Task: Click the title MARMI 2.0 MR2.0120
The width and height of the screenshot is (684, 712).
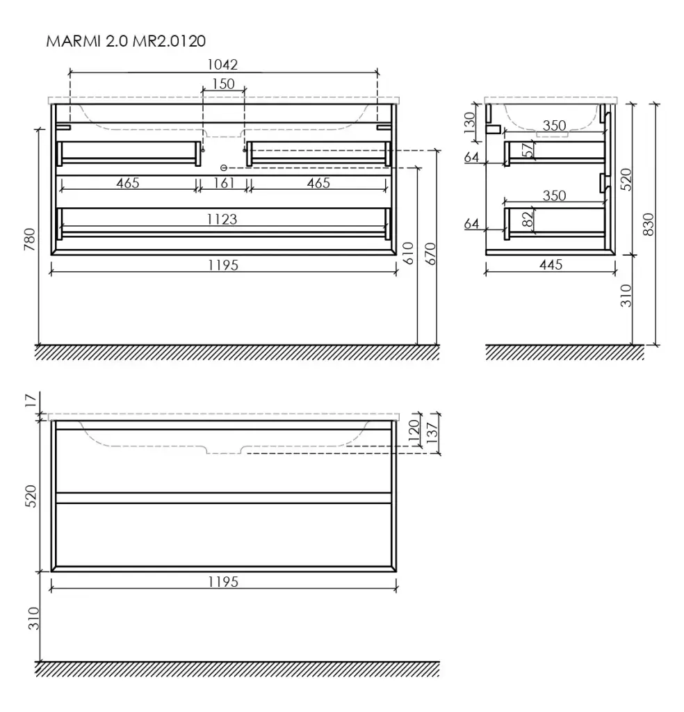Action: [x=126, y=41]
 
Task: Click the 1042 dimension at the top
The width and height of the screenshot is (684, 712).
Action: [x=222, y=65]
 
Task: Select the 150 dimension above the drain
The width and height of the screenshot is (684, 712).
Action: [x=224, y=83]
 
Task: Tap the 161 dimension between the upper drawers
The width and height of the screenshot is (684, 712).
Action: [x=224, y=183]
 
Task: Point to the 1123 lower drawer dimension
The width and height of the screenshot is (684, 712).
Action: [x=222, y=219]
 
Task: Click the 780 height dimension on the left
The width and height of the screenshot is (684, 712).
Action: [x=29, y=239]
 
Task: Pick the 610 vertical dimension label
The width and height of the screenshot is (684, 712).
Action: [x=407, y=253]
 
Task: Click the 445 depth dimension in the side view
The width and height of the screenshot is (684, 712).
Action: [x=551, y=264]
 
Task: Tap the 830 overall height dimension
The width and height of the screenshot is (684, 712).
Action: [x=649, y=224]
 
